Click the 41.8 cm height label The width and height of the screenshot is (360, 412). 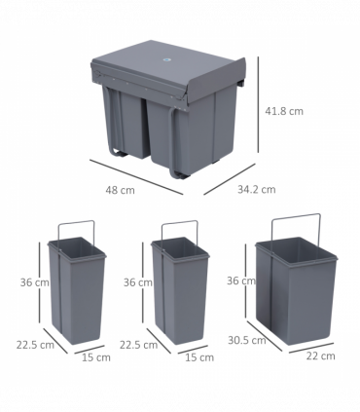[x=283, y=111]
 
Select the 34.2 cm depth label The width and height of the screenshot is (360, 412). [x=257, y=190]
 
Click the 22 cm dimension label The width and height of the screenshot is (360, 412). [x=322, y=356]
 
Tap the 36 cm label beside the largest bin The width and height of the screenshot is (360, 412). [x=239, y=281]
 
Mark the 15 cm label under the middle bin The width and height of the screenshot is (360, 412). [x=200, y=358]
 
